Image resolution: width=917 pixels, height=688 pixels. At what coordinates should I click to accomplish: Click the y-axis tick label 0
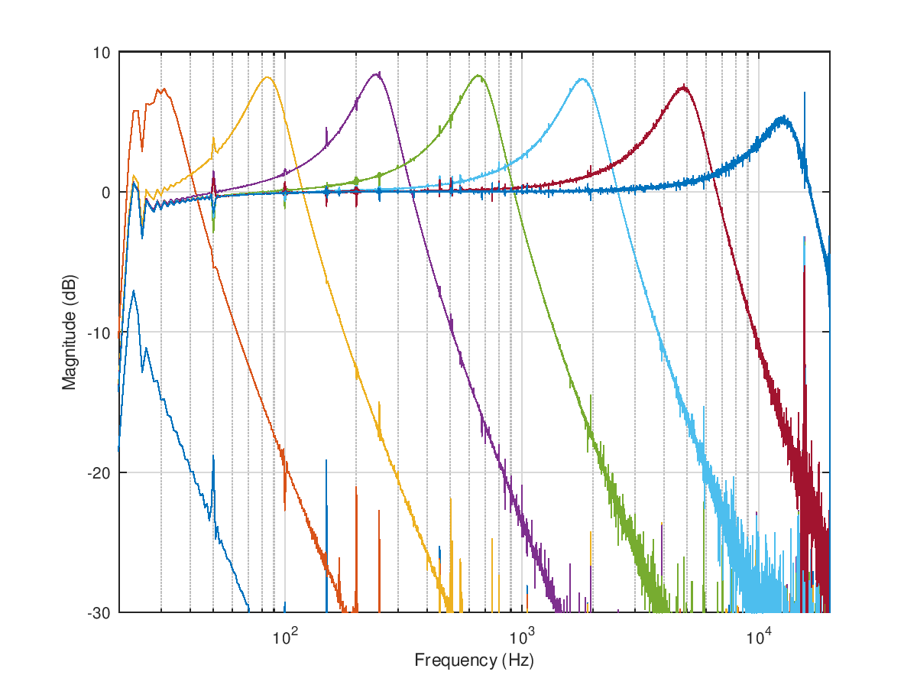coord(106,193)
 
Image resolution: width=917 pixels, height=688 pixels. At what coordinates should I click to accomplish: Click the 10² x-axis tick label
coord(284,633)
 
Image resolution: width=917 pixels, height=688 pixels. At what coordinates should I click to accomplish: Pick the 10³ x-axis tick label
coord(522,633)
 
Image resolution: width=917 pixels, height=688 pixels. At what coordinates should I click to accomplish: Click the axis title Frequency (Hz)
coord(474,660)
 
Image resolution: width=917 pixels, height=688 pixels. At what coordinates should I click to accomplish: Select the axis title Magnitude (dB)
coord(70,332)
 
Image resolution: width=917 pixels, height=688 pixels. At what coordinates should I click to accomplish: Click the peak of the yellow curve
coord(267,77)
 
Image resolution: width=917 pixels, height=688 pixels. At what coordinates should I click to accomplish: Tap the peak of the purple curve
coord(377,73)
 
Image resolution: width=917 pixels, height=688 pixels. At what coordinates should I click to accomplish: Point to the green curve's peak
coord(478,76)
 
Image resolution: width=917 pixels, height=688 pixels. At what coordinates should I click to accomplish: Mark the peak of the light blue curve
coord(582,79)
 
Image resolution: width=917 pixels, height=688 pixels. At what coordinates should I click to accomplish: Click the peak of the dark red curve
coord(683,87)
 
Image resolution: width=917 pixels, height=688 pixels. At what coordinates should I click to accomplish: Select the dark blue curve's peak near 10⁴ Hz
coord(783,118)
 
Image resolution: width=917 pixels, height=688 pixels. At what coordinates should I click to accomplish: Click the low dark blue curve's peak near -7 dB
coord(134,291)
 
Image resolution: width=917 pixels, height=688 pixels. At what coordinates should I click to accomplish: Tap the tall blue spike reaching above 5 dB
coord(804,94)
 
